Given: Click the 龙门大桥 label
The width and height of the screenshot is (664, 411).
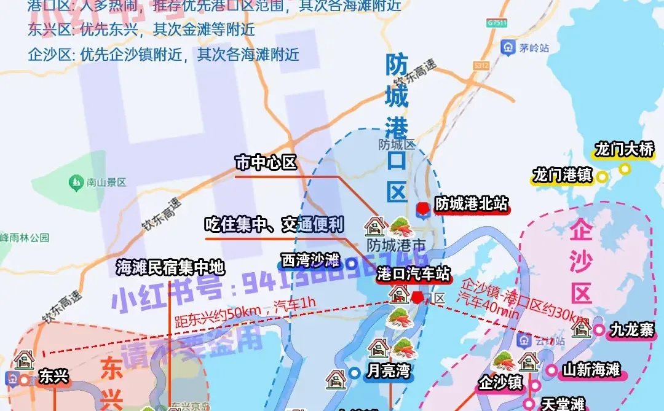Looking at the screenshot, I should coord(623,149).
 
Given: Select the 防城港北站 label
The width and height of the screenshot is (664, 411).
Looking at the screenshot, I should coord(472,205).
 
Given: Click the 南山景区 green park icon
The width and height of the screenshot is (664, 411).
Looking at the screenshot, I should coord(76,182).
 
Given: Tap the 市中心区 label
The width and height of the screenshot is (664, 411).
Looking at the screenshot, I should coord(266,163).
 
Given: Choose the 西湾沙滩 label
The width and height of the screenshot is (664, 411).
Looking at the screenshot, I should coord(310,260).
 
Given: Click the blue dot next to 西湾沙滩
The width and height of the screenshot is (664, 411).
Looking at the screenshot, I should coord(352,264).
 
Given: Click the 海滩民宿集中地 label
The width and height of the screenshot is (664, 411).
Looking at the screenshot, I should coord(170,267).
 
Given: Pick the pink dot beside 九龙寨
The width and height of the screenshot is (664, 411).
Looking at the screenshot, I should coord(599,330).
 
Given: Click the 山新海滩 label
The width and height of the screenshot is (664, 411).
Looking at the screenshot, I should coord(591,370).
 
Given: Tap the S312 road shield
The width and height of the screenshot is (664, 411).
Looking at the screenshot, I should coord(481,65).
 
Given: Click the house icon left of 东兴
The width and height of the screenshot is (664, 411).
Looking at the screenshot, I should coord(25,359).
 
